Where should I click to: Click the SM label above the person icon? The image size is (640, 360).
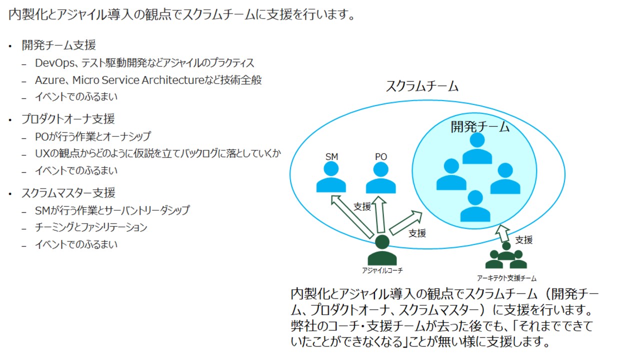click(331, 156)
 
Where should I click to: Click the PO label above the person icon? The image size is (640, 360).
click(381, 156)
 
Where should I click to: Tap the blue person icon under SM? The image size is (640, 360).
click(331, 177)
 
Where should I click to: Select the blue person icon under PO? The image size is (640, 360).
click(381, 178)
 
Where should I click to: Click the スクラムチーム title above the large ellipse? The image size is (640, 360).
click(422, 86)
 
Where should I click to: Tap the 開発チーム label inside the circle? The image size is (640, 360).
click(480, 126)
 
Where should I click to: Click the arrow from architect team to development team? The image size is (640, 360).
click(503, 233)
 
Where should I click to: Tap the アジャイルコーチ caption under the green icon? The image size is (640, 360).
click(382, 270)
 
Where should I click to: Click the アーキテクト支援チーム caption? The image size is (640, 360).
click(506, 278)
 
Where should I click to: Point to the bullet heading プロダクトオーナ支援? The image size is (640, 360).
click(68, 118)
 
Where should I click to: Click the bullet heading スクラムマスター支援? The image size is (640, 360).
click(68, 192)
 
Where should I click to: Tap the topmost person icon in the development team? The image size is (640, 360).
click(477, 148)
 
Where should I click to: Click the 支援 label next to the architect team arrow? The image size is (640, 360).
click(524, 239)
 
